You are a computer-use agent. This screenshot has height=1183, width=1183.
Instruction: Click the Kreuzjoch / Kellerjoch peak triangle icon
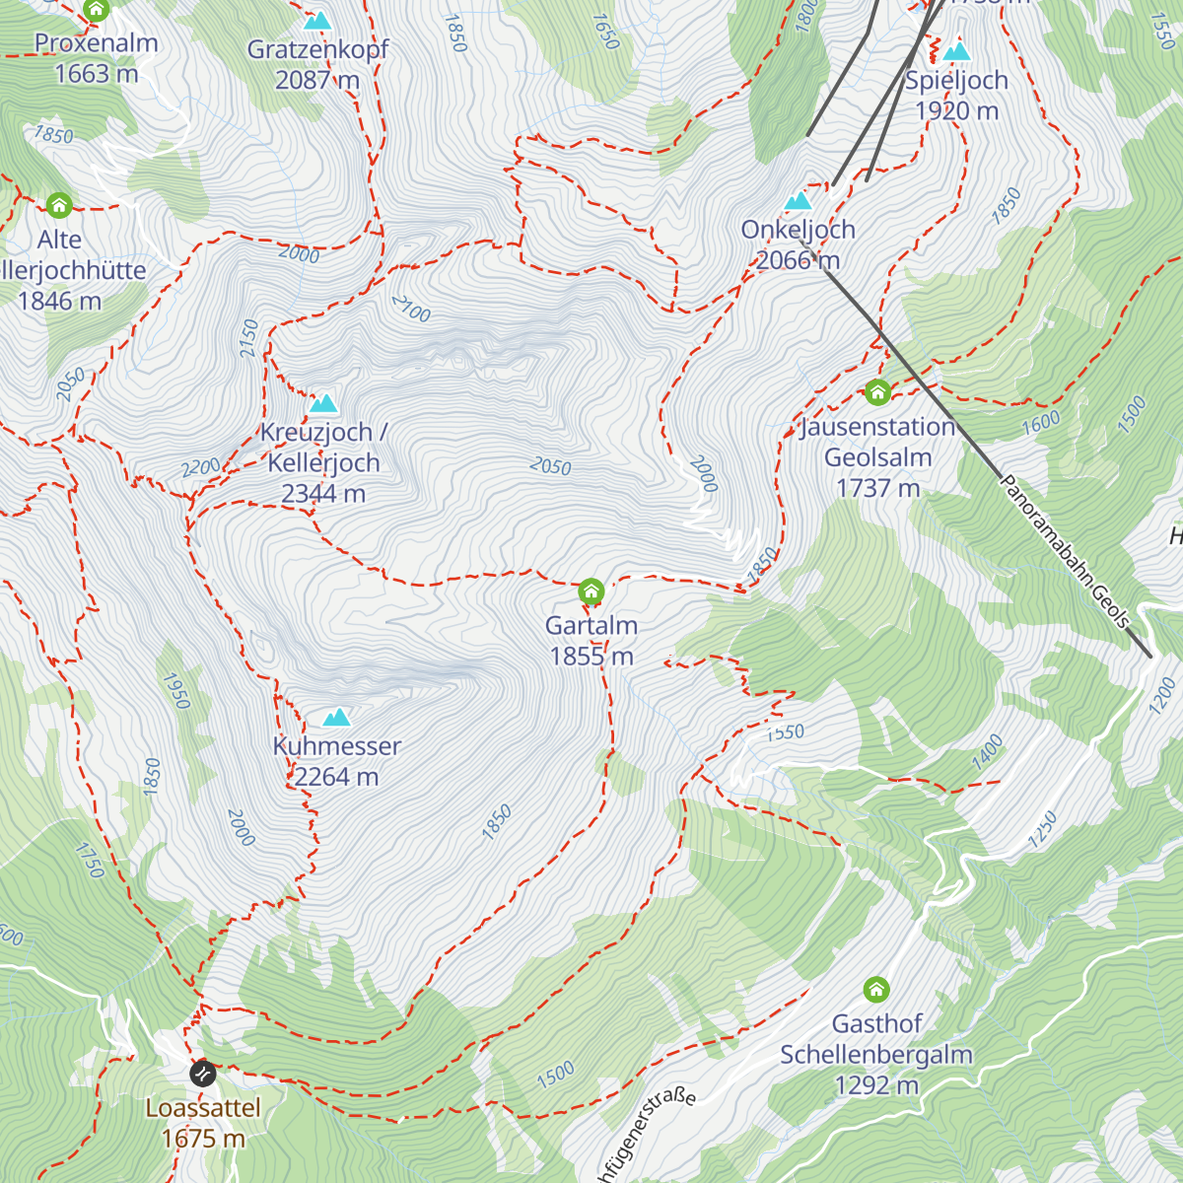(323, 403)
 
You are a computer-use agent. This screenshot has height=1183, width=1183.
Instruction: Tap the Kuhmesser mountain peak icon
(337, 717)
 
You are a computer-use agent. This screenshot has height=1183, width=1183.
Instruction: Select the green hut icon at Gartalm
(591, 591)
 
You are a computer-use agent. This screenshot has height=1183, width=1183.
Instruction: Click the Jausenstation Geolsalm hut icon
(877, 392)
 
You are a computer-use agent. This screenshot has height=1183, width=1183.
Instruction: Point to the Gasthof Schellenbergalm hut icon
(876, 989)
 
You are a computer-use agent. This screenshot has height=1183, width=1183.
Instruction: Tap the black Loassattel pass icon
(203, 1072)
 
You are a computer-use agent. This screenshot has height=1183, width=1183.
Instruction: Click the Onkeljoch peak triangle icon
(798, 201)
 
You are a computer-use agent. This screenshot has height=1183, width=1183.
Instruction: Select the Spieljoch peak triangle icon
(955, 52)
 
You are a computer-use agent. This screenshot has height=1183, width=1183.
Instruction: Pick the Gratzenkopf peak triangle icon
(317, 21)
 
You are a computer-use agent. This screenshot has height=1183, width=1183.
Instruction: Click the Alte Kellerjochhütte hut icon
(59, 205)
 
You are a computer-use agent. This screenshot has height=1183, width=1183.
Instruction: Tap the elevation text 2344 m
(323, 494)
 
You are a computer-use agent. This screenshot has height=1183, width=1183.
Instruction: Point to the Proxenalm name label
(97, 43)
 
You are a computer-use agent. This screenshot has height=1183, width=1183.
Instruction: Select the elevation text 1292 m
(876, 1085)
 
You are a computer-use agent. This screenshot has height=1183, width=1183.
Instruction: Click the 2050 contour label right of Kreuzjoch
(550, 465)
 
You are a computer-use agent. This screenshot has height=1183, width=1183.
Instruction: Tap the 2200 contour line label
(201, 467)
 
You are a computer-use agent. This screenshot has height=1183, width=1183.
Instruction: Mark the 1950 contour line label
(176, 690)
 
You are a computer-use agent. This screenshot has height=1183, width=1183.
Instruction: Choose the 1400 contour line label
(987, 753)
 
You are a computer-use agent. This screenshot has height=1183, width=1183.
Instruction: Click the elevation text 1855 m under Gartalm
(591, 657)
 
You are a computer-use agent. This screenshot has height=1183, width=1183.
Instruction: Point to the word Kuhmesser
(337, 746)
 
